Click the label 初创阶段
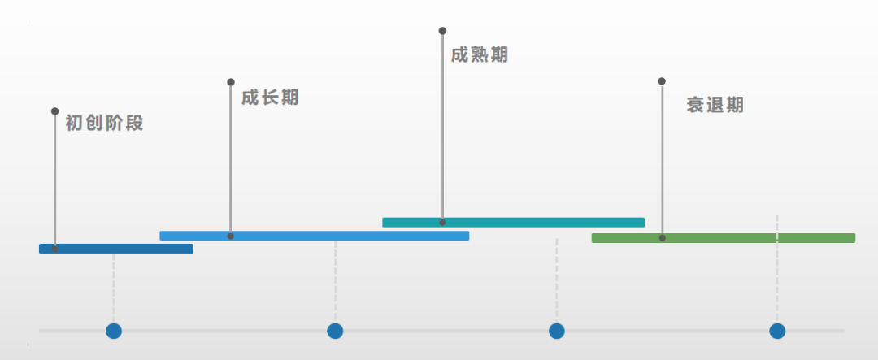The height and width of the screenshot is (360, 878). (104, 124)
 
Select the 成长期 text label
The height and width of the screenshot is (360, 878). (270, 98)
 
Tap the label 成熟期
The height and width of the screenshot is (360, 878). (480, 54)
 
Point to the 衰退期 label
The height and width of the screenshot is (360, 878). (715, 105)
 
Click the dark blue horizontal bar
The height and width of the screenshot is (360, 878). (116, 249)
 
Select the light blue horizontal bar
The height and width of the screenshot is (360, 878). (314, 236)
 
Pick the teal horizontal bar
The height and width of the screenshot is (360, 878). (513, 222)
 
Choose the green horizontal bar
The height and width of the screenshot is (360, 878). (723, 238)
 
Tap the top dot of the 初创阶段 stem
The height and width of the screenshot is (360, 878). (54, 111)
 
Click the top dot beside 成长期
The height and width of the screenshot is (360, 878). (231, 82)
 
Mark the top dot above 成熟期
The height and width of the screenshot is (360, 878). (442, 31)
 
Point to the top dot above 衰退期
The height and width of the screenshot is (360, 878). (662, 81)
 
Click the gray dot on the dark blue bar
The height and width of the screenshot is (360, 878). (54, 249)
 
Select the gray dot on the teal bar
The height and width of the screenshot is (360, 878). (442, 222)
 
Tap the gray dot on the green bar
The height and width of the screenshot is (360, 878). (663, 238)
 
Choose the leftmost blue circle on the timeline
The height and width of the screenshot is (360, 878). (114, 331)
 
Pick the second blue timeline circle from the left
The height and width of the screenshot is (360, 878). (335, 331)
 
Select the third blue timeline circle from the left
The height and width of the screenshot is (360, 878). (557, 331)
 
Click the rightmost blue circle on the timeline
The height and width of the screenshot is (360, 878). (777, 331)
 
